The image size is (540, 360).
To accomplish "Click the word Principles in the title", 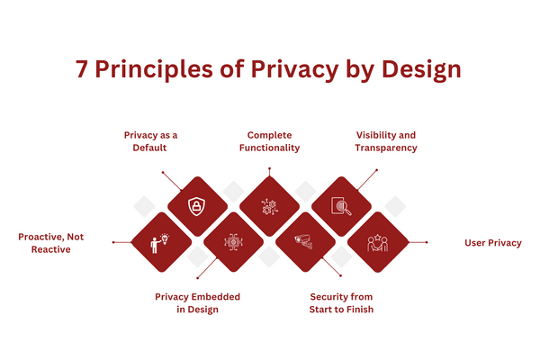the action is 150,71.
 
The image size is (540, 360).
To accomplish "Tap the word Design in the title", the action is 427,71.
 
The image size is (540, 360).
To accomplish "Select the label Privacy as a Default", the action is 151,140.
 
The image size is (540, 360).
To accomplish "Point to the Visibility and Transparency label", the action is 386,140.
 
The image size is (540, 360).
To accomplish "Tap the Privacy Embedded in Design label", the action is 198,302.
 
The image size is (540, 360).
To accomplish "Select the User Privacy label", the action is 492,243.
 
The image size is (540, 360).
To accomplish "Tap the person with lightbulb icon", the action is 161,242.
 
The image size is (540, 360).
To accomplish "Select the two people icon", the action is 377,242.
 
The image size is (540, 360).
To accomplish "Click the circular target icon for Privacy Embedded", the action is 232,242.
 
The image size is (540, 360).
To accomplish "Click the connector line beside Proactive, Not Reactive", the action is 121,242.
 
